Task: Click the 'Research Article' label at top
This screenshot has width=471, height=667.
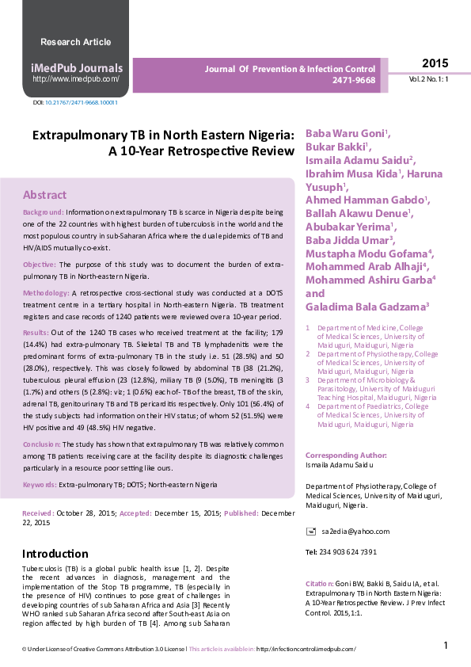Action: [x=75, y=41]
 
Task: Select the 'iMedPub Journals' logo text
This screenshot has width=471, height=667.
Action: [x=76, y=68]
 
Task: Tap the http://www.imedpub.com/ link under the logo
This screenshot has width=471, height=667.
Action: [x=76, y=79]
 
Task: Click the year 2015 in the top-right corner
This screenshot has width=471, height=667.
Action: [x=435, y=63]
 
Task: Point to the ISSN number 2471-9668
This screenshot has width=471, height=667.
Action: [x=354, y=81]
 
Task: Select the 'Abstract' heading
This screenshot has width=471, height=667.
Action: [x=44, y=195]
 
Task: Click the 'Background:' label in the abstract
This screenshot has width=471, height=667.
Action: [x=44, y=213]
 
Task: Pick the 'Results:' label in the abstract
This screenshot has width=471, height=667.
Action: [x=36, y=333]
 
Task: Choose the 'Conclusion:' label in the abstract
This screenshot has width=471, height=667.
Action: [x=42, y=445]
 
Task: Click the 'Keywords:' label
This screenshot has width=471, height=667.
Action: [x=40, y=484]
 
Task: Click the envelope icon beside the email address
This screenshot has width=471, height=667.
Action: [x=311, y=531]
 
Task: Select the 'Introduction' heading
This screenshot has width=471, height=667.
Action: [x=55, y=554]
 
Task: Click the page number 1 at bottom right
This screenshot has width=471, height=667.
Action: [x=446, y=646]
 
